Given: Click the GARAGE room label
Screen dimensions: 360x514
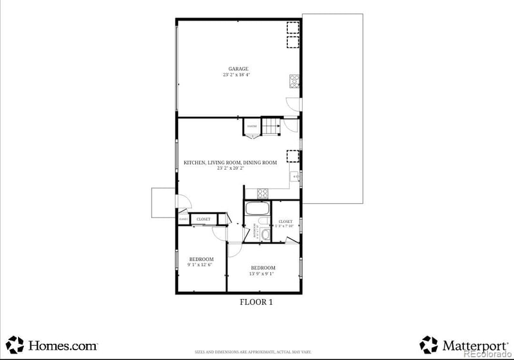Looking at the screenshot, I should coord(238,69).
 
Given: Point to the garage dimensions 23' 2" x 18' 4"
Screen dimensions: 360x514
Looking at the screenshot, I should coord(237,75).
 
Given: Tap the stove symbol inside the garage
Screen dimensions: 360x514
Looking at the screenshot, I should coord(295,80).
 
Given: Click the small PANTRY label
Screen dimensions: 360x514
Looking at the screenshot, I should coord(252,127).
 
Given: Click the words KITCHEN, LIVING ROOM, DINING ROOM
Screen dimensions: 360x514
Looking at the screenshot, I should coord(231,163).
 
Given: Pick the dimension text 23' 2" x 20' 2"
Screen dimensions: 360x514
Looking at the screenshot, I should coord(231,168).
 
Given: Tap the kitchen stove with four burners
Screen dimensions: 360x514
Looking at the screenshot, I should coord(262,192).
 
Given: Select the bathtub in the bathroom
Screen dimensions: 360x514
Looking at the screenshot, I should coord(258,210).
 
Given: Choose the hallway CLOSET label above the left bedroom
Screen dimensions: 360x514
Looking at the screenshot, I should coord(203,219).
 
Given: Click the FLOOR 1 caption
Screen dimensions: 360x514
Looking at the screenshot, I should coord(256,302).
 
